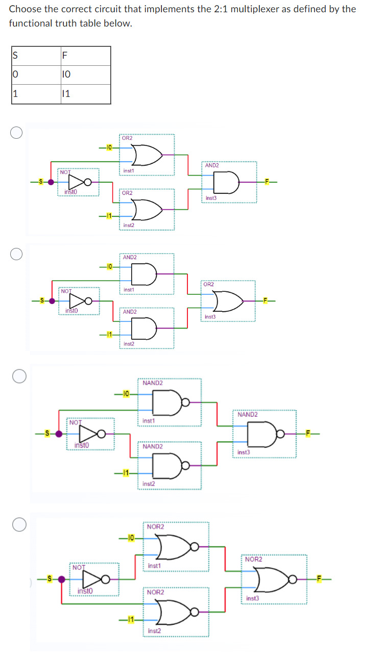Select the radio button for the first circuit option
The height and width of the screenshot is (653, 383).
pyautogui.click(x=17, y=133)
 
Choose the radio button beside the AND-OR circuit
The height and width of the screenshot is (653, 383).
pyautogui.click(x=17, y=254)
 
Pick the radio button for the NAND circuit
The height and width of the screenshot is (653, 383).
pyautogui.click(x=20, y=376)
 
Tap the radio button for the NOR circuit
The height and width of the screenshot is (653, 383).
pyautogui.click(x=20, y=525)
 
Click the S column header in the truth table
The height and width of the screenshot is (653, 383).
pyautogui.click(x=15, y=56)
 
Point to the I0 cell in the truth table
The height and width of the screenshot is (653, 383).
pyautogui.click(x=65, y=75)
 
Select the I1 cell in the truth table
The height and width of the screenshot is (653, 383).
pyautogui.click(x=65, y=94)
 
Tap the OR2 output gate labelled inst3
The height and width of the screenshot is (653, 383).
pyautogui.click(x=227, y=300)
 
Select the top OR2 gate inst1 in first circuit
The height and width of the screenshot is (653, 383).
pyautogui.click(x=145, y=154)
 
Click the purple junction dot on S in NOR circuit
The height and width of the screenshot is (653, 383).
pyautogui.click(x=62, y=580)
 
